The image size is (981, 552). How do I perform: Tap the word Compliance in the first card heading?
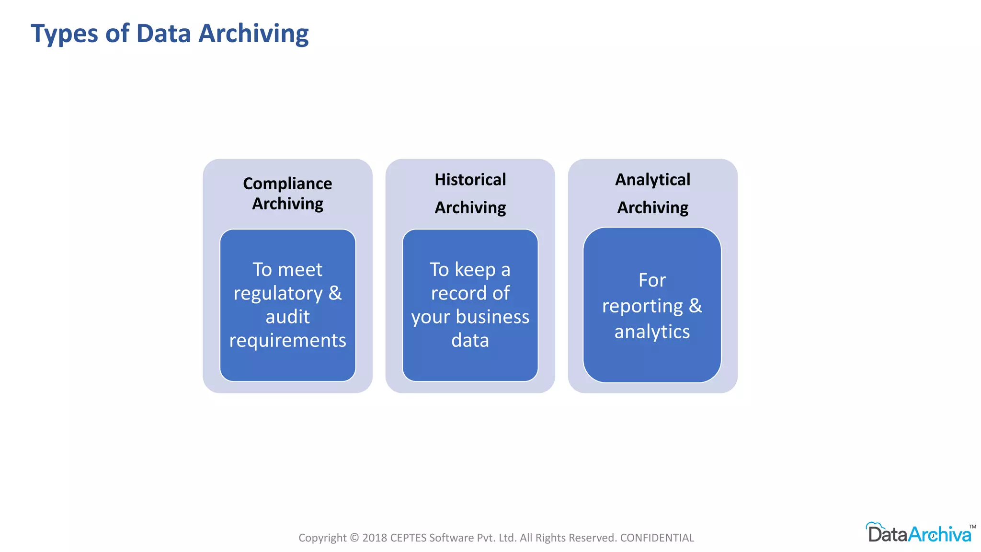pyautogui.click(x=287, y=184)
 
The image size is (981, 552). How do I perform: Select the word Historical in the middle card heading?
pyautogui.click(x=470, y=180)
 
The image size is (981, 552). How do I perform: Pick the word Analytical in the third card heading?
pyautogui.click(x=652, y=180)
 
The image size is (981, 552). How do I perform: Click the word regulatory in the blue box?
pyautogui.click(x=278, y=294)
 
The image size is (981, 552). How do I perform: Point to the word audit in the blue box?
pyautogui.click(x=287, y=317)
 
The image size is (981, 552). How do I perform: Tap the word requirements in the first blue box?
pyautogui.click(x=287, y=341)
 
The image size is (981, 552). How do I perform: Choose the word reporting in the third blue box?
pyautogui.click(x=642, y=306)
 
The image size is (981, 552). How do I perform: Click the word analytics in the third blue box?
pyautogui.click(x=652, y=332)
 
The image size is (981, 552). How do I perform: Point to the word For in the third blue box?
pyautogui.click(x=652, y=280)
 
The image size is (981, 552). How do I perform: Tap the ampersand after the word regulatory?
pyautogui.click(x=335, y=293)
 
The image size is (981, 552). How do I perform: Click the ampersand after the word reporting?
pyautogui.click(x=695, y=306)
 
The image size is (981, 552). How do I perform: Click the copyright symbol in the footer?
pyautogui.click(x=354, y=538)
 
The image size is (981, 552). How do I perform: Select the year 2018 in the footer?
pyautogui.click(x=375, y=538)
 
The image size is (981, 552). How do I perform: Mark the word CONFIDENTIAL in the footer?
pyautogui.click(x=657, y=538)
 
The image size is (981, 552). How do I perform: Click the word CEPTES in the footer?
pyautogui.click(x=408, y=538)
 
